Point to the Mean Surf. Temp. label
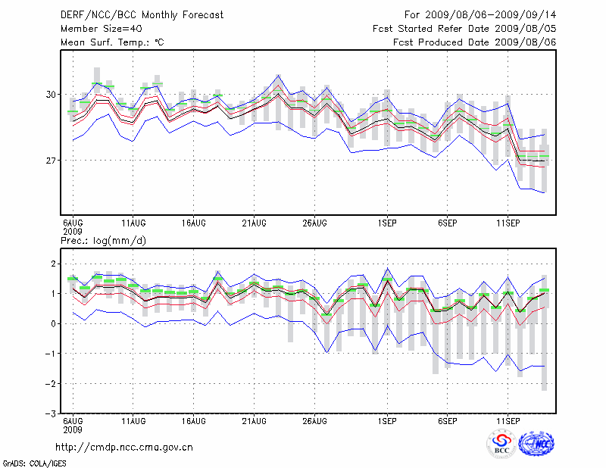(x=111, y=42)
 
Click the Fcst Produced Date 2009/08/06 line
(x=475, y=42)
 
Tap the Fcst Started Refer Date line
(x=464, y=29)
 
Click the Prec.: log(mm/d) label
(x=102, y=240)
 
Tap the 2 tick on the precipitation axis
(x=53, y=264)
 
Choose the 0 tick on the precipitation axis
(x=53, y=323)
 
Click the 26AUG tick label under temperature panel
(x=315, y=223)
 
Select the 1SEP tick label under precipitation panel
(x=387, y=420)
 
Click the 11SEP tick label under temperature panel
(x=508, y=223)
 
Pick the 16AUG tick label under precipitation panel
(x=194, y=420)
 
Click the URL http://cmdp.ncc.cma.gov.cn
(x=124, y=447)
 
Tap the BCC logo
(x=501, y=444)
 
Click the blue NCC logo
(x=536, y=444)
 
